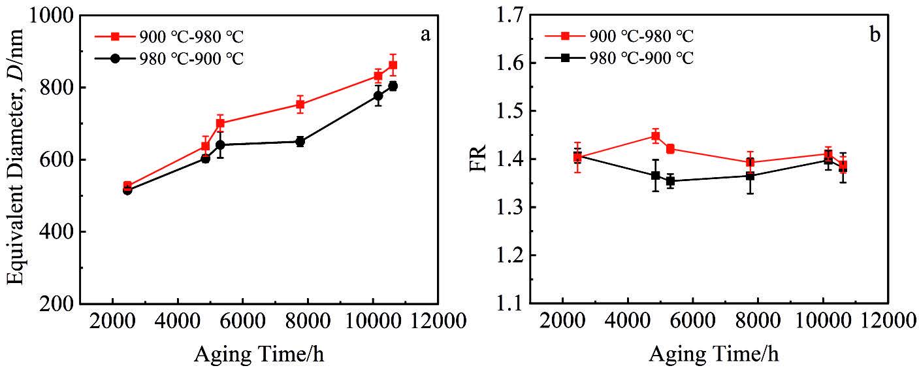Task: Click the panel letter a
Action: pos(425,36)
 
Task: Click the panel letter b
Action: pos(875,36)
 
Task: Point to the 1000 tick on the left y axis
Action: pos(52,16)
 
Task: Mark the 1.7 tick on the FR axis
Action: pos(511,16)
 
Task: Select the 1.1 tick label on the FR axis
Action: pos(511,304)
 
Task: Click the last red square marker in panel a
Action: pos(393,65)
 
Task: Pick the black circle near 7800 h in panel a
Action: pos(300,141)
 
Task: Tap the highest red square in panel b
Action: pos(655,136)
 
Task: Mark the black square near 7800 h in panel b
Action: pos(750,176)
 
